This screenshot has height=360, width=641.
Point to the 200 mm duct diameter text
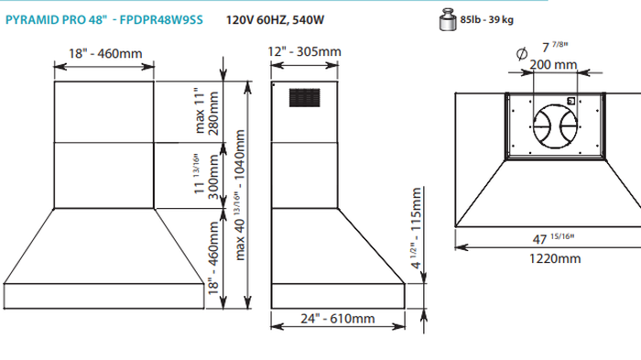point(553,64)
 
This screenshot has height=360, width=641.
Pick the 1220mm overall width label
point(555,259)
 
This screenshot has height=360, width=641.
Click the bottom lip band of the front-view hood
point(103,297)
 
